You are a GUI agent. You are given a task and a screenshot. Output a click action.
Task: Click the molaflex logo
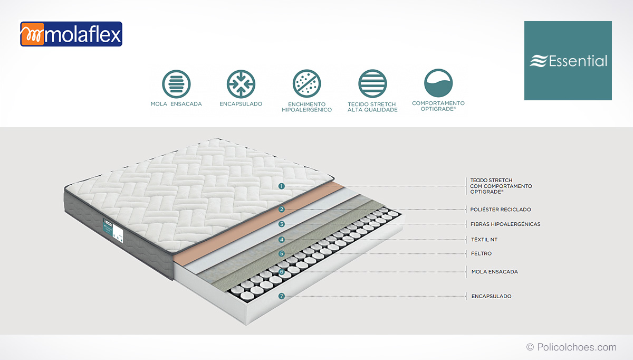coord(71,34)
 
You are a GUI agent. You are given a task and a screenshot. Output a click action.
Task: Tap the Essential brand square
coord(568,61)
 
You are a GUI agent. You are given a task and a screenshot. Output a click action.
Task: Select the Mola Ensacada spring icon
coord(176,84)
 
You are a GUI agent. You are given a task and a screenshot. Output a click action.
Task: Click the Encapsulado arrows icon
coord(241,84)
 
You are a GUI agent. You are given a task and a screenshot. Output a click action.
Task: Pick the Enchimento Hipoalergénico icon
coord(306,84)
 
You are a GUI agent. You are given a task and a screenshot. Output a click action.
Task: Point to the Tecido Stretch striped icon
coord(372,84)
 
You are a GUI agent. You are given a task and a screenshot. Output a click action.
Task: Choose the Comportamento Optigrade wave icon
coord(438,83)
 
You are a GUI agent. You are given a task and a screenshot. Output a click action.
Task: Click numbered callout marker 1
coord(281,186)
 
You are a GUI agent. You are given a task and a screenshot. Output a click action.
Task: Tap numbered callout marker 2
coord(281,209)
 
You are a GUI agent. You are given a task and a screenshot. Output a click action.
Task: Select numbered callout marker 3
coord(281,224)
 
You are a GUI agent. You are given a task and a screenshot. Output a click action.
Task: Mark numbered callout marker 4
coord(281,240)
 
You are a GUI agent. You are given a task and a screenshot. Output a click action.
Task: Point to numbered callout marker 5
coord(281,253)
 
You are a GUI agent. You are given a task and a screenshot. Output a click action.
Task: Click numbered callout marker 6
coord(281,272)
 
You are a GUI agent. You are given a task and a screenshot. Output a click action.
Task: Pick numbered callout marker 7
coord(281,296)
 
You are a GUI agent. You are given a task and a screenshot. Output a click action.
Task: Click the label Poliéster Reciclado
coord(501,209)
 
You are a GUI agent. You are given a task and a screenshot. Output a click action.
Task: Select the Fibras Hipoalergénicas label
coord(505,224)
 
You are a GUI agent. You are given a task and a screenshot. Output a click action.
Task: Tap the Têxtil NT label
coord(484,240)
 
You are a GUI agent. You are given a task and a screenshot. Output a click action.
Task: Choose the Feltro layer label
coord(481,253)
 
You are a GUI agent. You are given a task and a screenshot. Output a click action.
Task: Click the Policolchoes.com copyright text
coord(571,347)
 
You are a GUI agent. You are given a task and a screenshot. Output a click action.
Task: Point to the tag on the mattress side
coord(113,231)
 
